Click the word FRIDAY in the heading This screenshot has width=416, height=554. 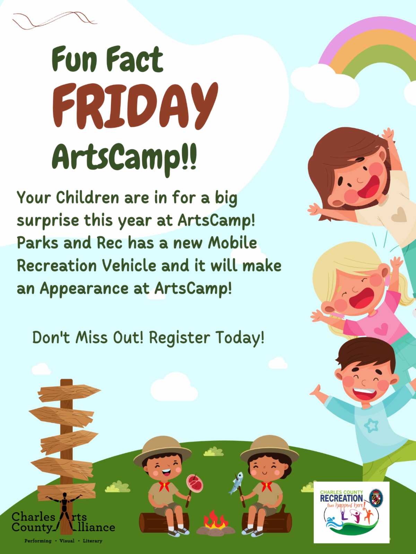pyautogui.click(x=135, y=106)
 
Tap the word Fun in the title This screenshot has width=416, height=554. pyautogui.click(x=75, y=59)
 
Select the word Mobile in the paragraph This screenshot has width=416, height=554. pyautogui.click(x=232, y=243)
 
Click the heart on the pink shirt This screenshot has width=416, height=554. pyautogui.click(x=381, y=329)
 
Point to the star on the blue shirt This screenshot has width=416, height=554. pyautogui.click(x=371, y=425)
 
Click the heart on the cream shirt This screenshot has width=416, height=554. pyautogui.click(x=399, y=214)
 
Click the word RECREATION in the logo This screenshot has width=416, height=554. pyautogui.click(x=341, y=499)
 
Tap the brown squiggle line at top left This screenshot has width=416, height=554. pyautogui.click(x=55, y=20)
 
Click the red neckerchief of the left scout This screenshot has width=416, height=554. pyautogui.click(x=164, y=486)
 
